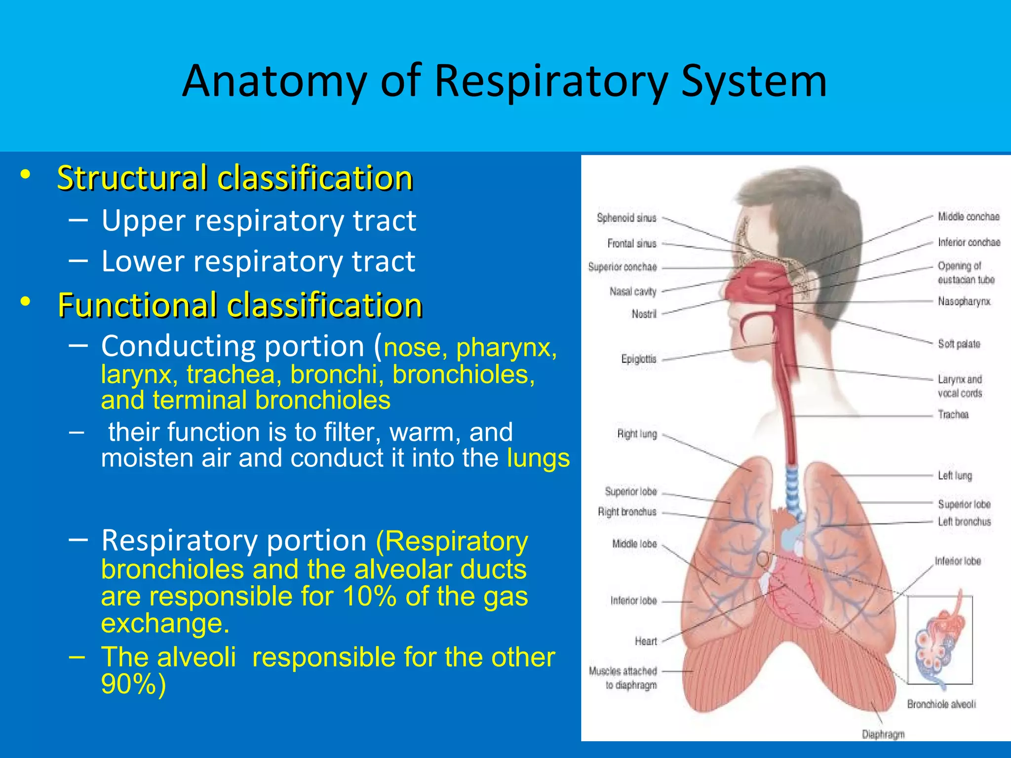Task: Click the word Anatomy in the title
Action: [274, 81]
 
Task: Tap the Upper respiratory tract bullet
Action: [259, 221]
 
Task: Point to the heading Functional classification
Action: [240, 305]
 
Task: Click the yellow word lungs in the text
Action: [538, 458]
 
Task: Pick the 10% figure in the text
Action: [370, 596]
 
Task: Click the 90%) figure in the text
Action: [133, 684]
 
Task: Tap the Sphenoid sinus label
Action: [626, 218]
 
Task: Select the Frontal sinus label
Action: [632, 243]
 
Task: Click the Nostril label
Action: [644, 314]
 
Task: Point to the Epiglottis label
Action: [639, 359]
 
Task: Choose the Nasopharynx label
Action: [964, 301]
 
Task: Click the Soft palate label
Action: [959, 344]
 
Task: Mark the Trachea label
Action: [953, 415]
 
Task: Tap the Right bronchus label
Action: [627, 512]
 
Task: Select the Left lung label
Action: [955, 476]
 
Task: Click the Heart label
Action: [646, 641]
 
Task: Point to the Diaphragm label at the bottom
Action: [883, 734]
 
